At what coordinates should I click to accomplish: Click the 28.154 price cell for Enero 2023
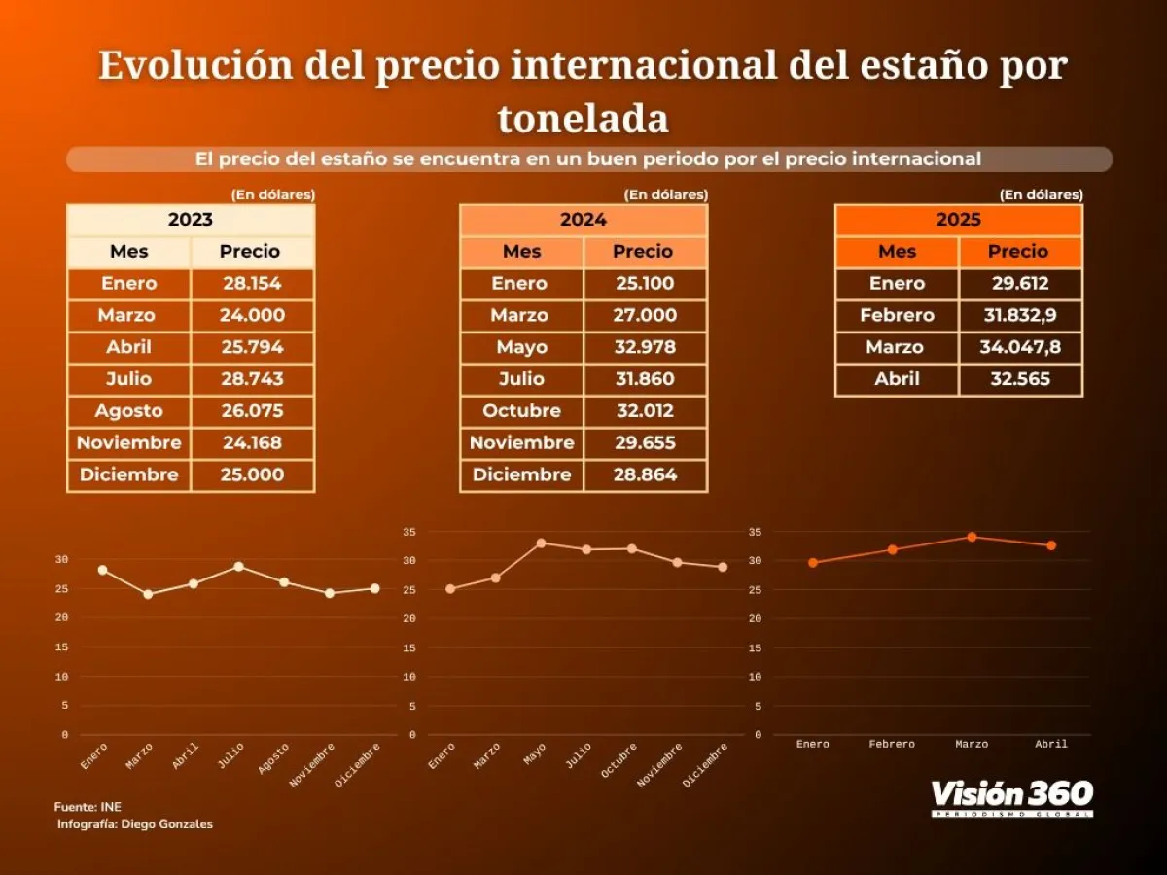point(252,284)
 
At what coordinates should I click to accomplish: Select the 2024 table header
point(583,220)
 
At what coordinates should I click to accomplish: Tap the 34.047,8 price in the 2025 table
point(1021,347)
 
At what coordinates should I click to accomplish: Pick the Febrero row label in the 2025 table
point(897,315)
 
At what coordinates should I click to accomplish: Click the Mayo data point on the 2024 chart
point(541,542)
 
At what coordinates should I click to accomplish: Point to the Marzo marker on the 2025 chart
point(972,537)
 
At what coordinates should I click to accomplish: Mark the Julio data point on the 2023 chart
point(238,566)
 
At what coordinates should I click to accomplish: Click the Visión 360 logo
point(1011,797)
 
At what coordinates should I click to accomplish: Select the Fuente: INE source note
point(88,807)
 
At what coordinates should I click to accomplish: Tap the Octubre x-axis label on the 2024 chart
point(620,759)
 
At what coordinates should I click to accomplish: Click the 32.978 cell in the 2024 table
point(646,347)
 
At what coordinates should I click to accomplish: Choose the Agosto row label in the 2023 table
point(128,410)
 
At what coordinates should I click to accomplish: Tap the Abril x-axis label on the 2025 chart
point(1051,744)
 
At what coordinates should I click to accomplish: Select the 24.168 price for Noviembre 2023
point(252,443)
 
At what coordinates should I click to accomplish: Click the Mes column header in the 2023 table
point(128,252)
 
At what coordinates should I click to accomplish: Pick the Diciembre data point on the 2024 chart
point(723,567)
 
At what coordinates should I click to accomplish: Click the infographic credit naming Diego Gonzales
point(134,824)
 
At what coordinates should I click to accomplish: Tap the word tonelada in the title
point(583,119)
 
